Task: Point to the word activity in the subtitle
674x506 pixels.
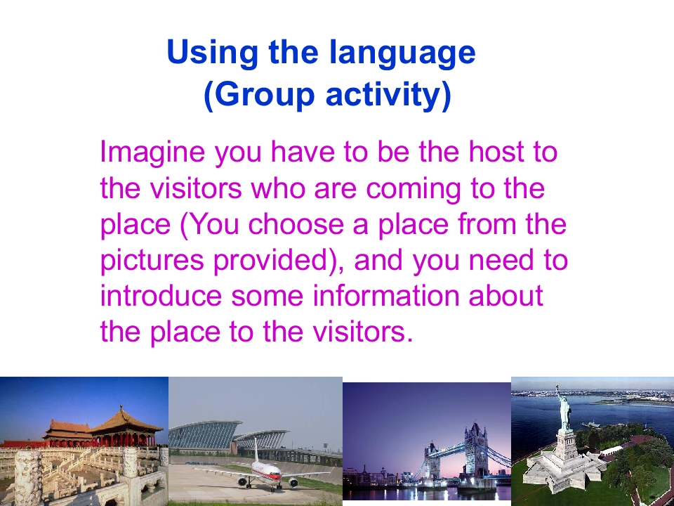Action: pyautogui.click(x=388, y=96)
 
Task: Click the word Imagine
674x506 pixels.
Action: pyautogui.click(x=152, y=153)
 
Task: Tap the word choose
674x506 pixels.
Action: pyautogui.click(x=296, y=223)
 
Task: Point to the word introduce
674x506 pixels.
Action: pyautogui.click(x=161, y=296)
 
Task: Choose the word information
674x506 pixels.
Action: pyautogui.click(x=385, y=296)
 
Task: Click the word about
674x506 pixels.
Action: pyautogui.click(x=506, y=296)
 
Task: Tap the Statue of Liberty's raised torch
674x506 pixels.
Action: pyautogui.click(x=557, y=389)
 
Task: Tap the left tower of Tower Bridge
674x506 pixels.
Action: pyautogui.click(x=432, y=460)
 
